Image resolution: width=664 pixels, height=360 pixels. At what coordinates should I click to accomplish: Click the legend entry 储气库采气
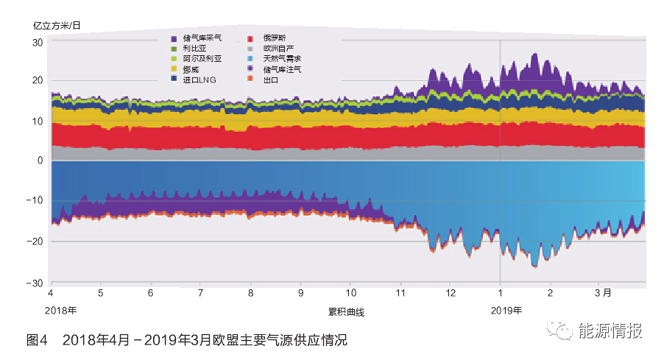[x=203, y=37]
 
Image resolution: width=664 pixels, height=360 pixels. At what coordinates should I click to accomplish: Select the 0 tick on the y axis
[x=40, y=160]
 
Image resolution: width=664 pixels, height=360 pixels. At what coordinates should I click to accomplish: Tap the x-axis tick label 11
[x=400, y=292]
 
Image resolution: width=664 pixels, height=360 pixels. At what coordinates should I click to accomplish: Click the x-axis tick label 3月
[x=603, y=292]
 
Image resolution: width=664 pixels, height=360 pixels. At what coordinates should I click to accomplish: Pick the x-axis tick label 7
[x=200, y=292]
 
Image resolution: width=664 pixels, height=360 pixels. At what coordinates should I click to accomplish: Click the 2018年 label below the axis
[x=61, y=310]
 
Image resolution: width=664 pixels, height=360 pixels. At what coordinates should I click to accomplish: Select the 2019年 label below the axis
[x=506, y=310]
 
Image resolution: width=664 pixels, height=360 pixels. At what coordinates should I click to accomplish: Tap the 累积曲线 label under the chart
[x=346, y=311]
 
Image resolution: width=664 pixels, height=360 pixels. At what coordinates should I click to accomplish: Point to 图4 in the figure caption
[x=37, y=340]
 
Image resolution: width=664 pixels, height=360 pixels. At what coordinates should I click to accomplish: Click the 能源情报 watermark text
[x=610, y=331]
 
